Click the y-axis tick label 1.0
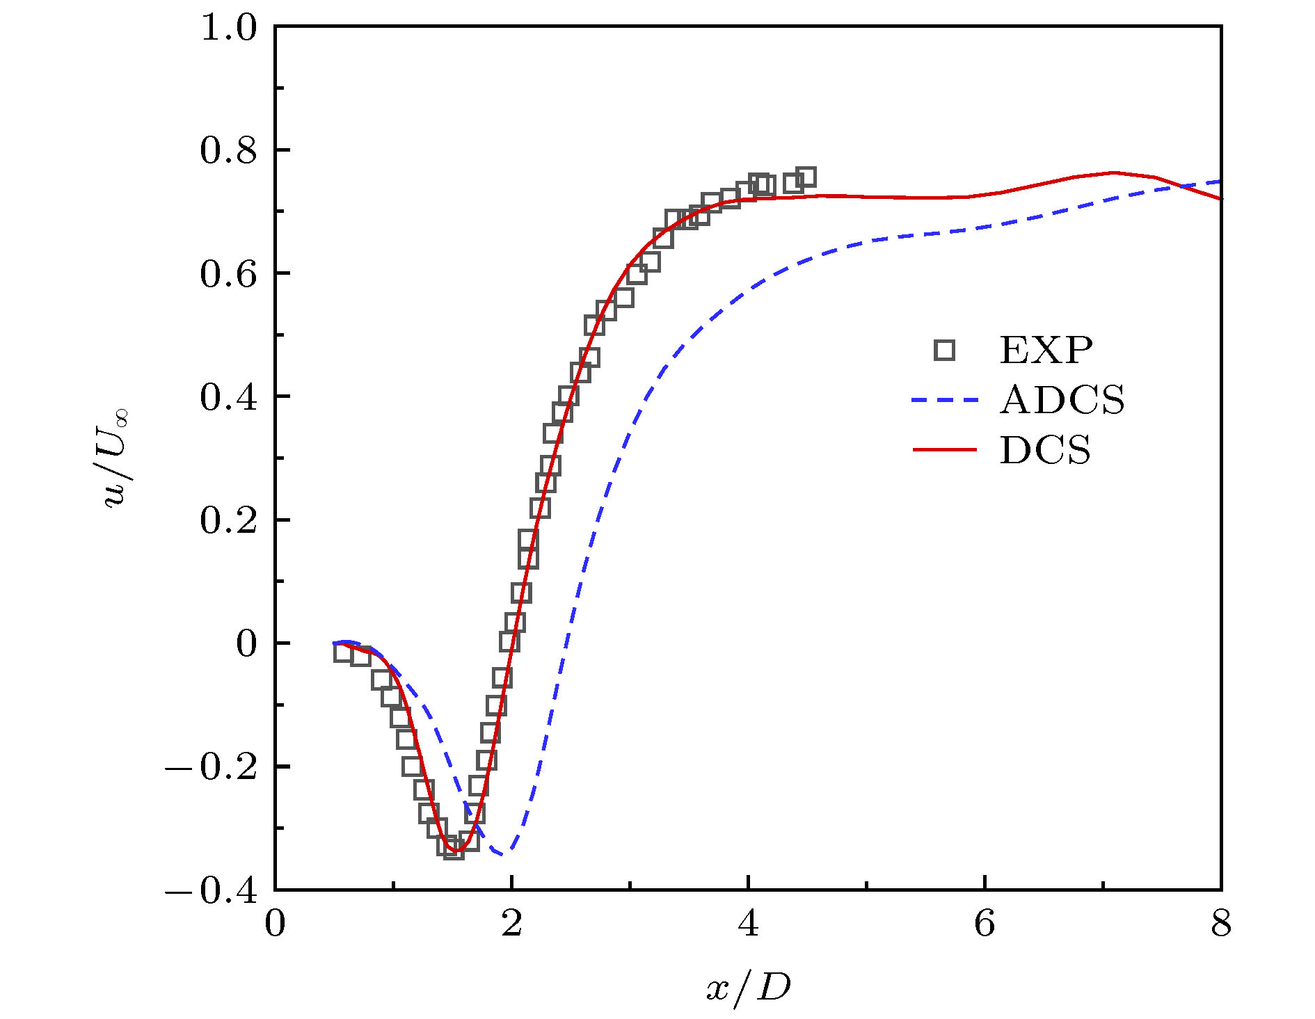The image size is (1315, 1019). click(x=228, y=29)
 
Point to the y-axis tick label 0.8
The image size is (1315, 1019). click(x=228, y=151)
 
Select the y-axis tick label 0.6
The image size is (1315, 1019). click(x=228, y=274)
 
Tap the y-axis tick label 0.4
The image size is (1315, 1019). click(x=228, y=397)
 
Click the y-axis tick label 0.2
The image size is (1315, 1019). click(x=228, y=520)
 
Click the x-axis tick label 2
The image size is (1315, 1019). click(x=511, y=924)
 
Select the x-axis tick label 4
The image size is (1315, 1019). click(x=748, y=924)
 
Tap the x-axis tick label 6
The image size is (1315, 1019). click(x=985, y=924)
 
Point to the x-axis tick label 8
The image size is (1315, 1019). click(x=1221, y=924)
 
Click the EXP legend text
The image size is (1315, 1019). click(x=1046, y=350)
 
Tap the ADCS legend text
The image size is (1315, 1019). click(x=1062, y=400)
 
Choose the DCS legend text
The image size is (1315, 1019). click(x=1045, y=450)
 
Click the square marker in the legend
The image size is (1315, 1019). click(x=944, y=350)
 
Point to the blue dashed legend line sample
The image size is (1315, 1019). click(x=944, y=400)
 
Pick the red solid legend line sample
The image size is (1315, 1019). click(x=944, y=450)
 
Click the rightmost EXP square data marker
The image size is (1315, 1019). click(x=806, y=177)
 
